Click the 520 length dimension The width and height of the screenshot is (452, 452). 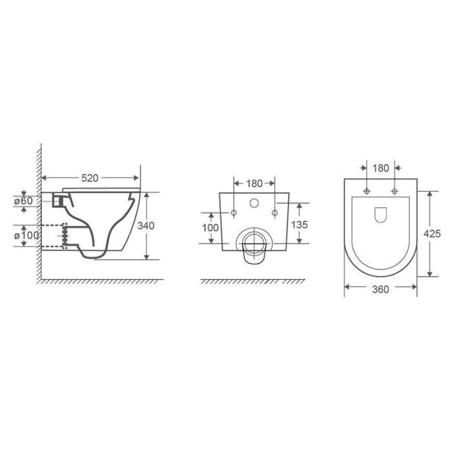(x=90, y=178)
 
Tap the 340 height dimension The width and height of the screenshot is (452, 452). (x=146, y=226)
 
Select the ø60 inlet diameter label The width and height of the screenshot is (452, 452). (x=23, y=201)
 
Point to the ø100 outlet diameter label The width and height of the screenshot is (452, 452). (x=26, y=236)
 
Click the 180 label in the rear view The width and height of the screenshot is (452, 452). (x=254, y=183)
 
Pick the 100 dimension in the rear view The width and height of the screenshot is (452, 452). (x=210, y=228)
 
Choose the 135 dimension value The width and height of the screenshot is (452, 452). (x=300, y=225)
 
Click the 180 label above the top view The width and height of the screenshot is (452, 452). (x=381, y=168)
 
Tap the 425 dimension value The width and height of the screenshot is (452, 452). (x=432, y=234)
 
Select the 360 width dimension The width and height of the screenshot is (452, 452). (x=380, y=289)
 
